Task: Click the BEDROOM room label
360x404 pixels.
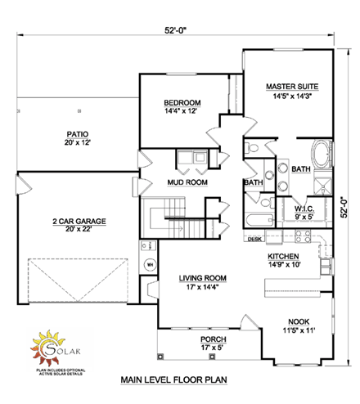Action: (x=182, y=102)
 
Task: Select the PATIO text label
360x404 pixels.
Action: (x=79, y=133)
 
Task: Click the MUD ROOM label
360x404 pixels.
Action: (x=187, y=182)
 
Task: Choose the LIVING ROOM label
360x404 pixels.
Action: (x=203, y=278)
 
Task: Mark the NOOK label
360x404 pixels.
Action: (x=298, y=322)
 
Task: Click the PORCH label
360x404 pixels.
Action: (x=213, y=339)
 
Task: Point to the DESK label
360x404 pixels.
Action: (x=254, y=240)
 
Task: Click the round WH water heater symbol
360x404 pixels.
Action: (x=151, y=265)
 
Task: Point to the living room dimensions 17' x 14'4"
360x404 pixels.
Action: (x=203, y=287)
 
